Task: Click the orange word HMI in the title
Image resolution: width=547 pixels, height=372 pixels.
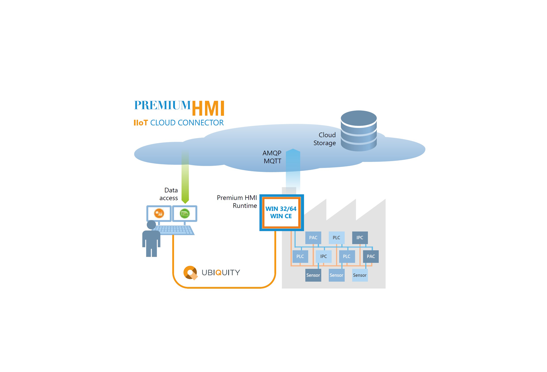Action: (x=208, y=108)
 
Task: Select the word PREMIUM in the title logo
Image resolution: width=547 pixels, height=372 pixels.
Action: (x=162, y=105)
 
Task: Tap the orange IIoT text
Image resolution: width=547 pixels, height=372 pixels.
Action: (x=140, y=123)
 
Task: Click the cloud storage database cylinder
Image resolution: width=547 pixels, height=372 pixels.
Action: (x=359, y=130)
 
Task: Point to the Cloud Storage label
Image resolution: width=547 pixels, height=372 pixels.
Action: (x=325, y=139)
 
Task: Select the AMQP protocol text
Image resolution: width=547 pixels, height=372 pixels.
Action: (x=272, y=153)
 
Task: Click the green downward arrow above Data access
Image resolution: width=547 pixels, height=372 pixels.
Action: (x=185, y=178)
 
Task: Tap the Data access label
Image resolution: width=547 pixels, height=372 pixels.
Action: (x=169, y=194)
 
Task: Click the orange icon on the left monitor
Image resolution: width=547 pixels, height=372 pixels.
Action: (x=159, y=213)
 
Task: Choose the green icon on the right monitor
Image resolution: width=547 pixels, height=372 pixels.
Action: (x=185, y=213)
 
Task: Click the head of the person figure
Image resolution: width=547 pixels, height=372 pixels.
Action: (x=151, y=225)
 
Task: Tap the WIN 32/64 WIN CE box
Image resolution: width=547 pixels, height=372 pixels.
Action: (x=281, y=213)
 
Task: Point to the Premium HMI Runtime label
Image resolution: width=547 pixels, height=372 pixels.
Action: (x=237, y=201)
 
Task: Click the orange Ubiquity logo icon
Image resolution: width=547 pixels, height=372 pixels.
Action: (x=190, y=273)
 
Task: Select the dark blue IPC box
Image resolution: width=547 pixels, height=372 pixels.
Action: (x=360, y=238)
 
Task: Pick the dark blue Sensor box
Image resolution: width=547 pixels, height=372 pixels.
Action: (x=313, y=275)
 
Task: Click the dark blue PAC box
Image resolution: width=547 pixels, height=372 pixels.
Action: (x=371, y=256)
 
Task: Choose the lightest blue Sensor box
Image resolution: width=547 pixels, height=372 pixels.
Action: (x=360, y=275)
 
